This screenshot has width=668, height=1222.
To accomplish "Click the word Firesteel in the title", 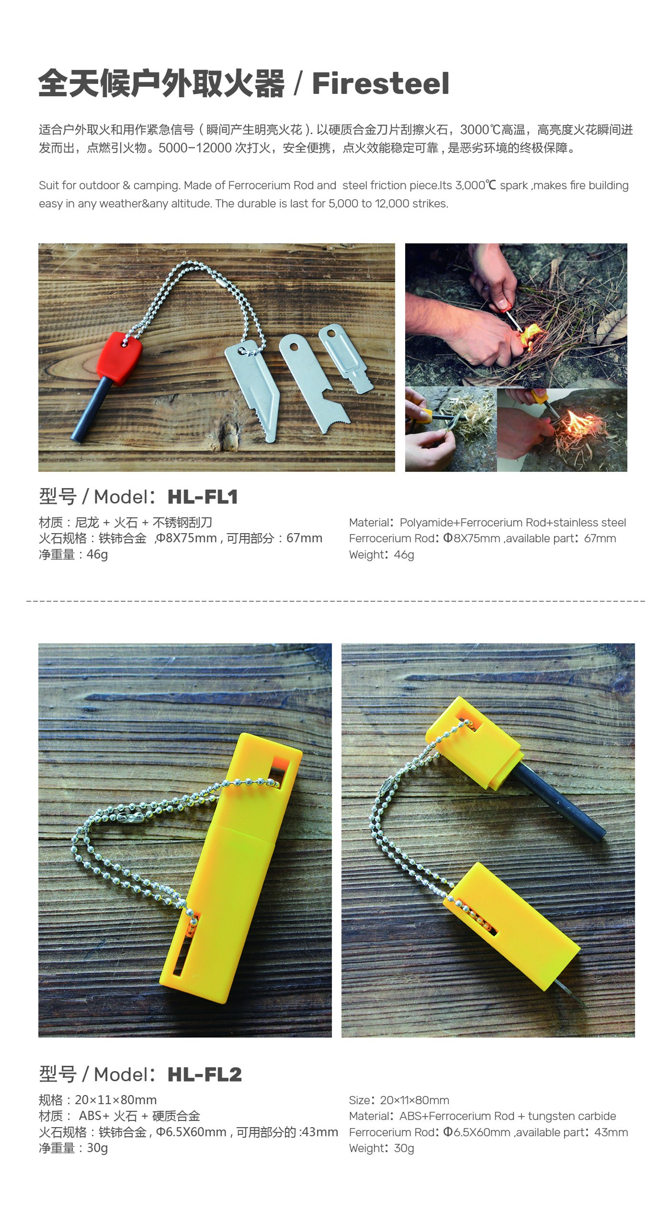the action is pyautogui.click(x=381, y=84).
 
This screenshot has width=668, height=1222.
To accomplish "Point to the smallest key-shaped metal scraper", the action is pyautogui.click(x=345, y=357).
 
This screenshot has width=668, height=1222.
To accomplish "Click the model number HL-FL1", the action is pyautogui.click(x=203, y=497).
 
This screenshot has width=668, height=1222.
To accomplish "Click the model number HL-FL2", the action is pyautogui.click(x=204, y=1074).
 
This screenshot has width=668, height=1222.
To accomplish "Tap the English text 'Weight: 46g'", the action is pyautogui.click(x=381, y=555).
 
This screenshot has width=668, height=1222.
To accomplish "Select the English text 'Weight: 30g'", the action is pyautogui.click(x=381, y=1148).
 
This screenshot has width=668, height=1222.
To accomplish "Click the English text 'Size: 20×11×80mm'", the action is pyautogui.click(x=399, y=1100).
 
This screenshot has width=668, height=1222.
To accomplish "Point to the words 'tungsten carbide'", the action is pyautogui.click(x=572, y=1116).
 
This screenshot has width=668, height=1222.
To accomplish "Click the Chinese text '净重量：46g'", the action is pyautogui.click(x=73, y=554).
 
